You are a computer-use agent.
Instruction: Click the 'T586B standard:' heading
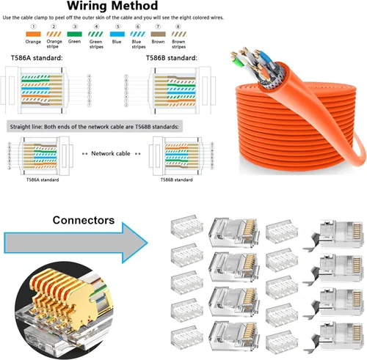(x=177, y=59)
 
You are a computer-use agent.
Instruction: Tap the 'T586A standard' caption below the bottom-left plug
(x=44, y=179)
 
